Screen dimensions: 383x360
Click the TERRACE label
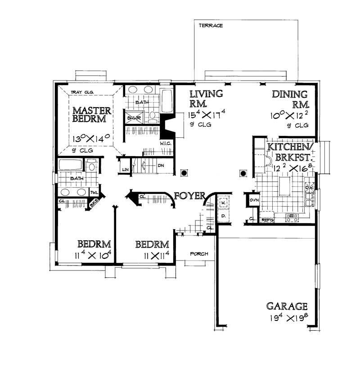[x=211, y=26]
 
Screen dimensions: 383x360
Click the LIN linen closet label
[x=126, y=170]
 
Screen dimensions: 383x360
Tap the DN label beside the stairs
[x=161, y=166]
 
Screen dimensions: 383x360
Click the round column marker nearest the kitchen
[x=243, y=173]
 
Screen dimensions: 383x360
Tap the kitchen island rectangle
[x=285, y=185]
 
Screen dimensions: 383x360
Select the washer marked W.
[x=224, y=203]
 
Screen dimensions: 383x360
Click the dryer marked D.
[x=224, y=216]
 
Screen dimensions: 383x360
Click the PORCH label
[x=199, y=254]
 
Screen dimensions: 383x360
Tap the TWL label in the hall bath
[x=94, y=193]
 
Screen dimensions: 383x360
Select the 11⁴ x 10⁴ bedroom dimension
[x=93, y=256]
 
